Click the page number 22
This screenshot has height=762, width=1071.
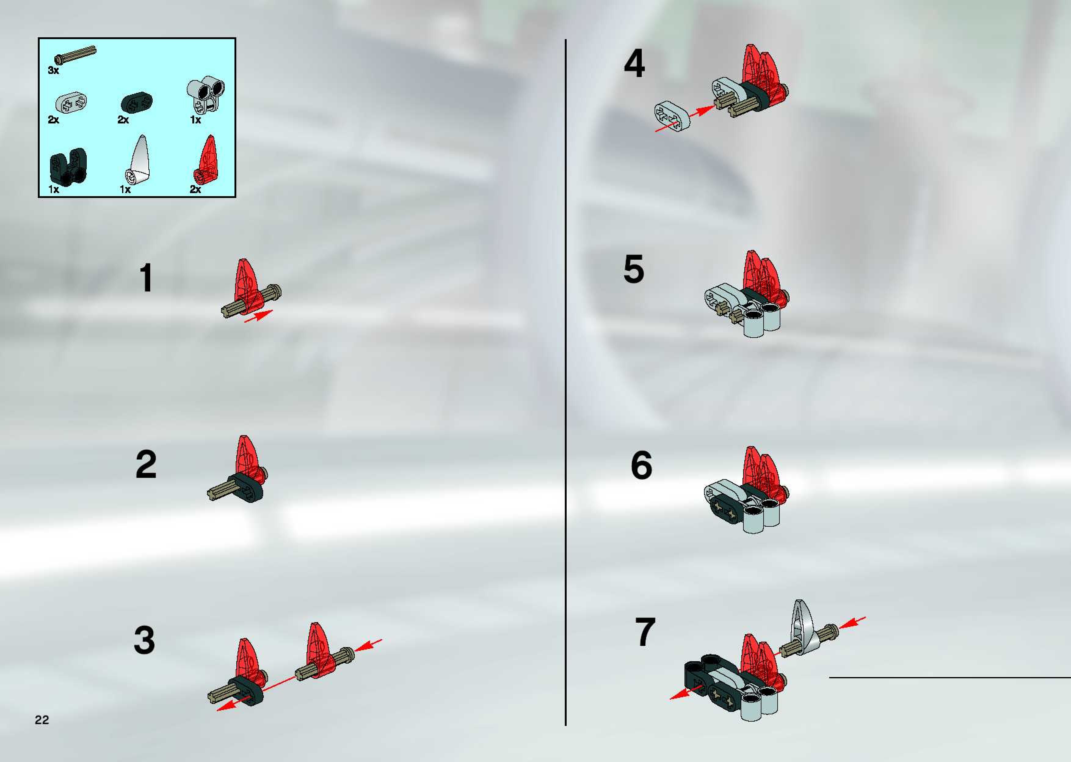point(42,720)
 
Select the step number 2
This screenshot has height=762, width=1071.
point(146,464)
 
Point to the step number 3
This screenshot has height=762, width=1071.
point(144,640)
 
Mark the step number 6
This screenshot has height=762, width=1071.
point(641,465)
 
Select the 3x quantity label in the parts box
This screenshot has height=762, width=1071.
point(53,70)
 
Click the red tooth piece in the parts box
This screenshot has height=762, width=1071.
point(205,159)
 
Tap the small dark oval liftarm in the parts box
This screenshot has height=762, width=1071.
point(137,102)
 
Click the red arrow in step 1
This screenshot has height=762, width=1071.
point(258,316)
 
